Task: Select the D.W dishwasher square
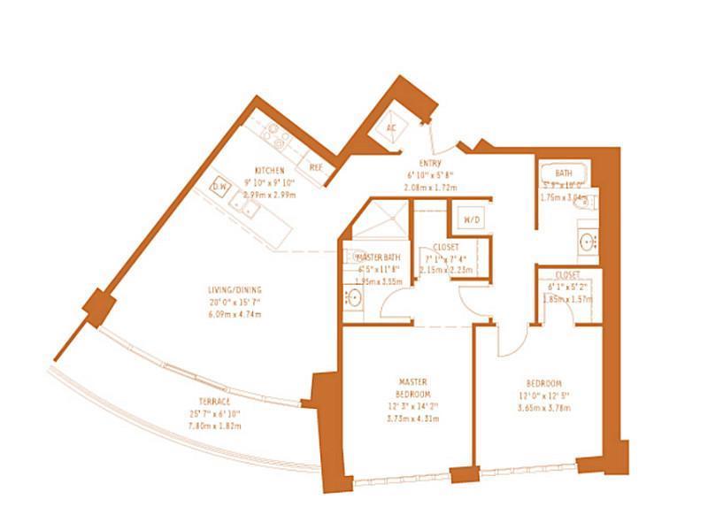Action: coord(220,188)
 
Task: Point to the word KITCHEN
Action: coord(268,170)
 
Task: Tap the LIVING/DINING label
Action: coord(235,290)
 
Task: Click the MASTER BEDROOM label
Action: coord(414,388)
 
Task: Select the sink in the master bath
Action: coord(354,298)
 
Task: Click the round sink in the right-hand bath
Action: coord(587,241)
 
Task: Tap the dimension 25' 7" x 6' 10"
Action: coord(209,413)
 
